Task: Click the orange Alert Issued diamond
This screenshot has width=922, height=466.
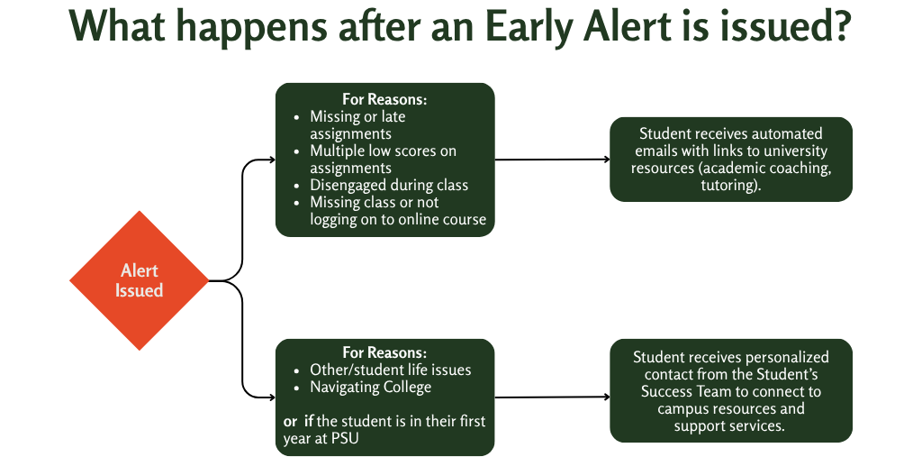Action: pos(140,280)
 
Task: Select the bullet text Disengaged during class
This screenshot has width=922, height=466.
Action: pos(389,185)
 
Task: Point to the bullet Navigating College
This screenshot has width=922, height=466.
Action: pos(370,388)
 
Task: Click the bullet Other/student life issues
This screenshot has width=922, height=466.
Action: pos(390,370)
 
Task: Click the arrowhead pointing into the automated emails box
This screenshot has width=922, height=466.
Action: pos(606,160)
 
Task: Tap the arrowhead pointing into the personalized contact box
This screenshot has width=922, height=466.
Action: pos(606,396)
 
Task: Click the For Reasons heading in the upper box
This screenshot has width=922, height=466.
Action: pos(384,99)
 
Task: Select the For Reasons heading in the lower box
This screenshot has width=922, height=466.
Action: pos(384,352)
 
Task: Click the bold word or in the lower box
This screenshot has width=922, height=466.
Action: pos(290,422)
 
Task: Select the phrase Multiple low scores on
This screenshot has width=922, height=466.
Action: pos(383,151)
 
